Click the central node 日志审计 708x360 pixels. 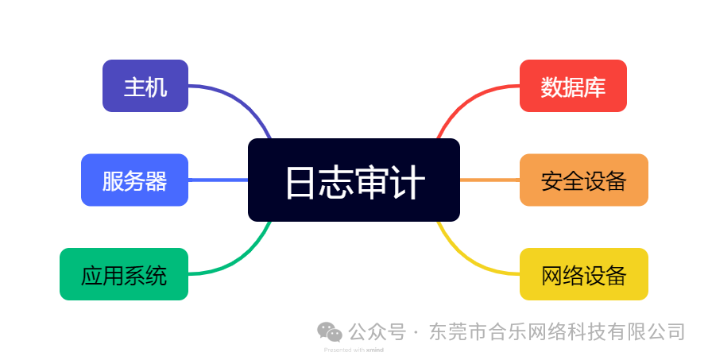[354, 180]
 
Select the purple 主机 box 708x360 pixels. [145, 86]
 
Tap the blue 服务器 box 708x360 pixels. [135, 180]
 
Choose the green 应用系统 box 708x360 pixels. [124, 274]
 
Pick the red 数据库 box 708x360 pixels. [573, 86]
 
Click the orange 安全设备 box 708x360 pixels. [583, 180]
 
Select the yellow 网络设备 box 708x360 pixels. [583, 274]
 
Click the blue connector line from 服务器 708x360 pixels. [218, 180]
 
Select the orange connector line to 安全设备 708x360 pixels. [489, 180]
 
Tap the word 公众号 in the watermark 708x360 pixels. [377, 331]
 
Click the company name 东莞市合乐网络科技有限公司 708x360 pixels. [556, 331]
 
